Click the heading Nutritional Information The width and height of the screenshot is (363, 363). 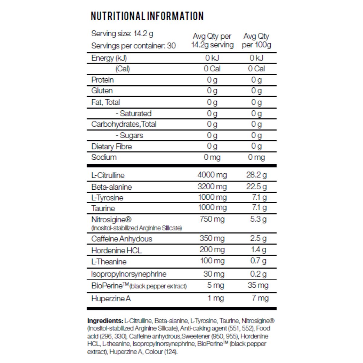tap(147, 16)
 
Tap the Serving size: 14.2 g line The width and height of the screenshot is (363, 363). tap(122, 34)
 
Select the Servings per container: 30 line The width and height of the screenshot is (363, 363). tap(133, 46)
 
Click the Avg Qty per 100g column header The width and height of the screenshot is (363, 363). tap(257, 41)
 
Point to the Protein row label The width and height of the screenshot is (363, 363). tap(103, 80)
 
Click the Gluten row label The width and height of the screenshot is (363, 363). tap(102, 91)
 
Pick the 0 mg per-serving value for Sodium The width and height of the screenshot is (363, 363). tap(212, 157)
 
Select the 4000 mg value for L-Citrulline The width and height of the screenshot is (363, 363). tap(212, 175)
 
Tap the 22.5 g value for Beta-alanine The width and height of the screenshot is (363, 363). tap(257, 186)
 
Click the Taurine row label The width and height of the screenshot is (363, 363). tap(103, 208)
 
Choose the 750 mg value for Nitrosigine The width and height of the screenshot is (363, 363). tap(212, 219)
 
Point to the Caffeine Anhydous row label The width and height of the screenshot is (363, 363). tap(122, 239)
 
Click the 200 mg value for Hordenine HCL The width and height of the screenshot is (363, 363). tap(212, 250)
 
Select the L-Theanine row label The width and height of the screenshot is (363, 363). tap(109, 262)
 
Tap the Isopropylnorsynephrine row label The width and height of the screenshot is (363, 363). tap(129, 274)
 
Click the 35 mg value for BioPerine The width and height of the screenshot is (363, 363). tap(258, 285)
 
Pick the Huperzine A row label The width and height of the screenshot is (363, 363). tap(111, 299)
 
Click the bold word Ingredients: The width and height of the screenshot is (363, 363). tap(105, 321)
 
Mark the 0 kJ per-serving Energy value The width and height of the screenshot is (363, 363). tap(212, 58)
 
